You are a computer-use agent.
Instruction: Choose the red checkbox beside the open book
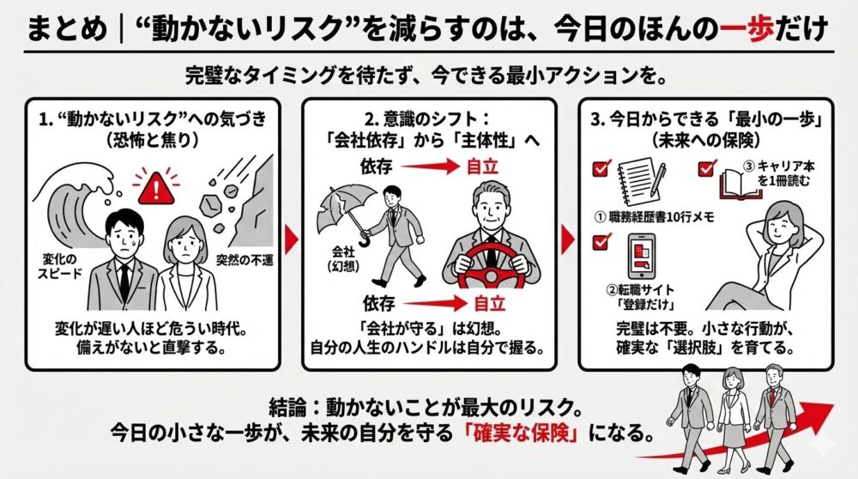pos(705,168)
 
